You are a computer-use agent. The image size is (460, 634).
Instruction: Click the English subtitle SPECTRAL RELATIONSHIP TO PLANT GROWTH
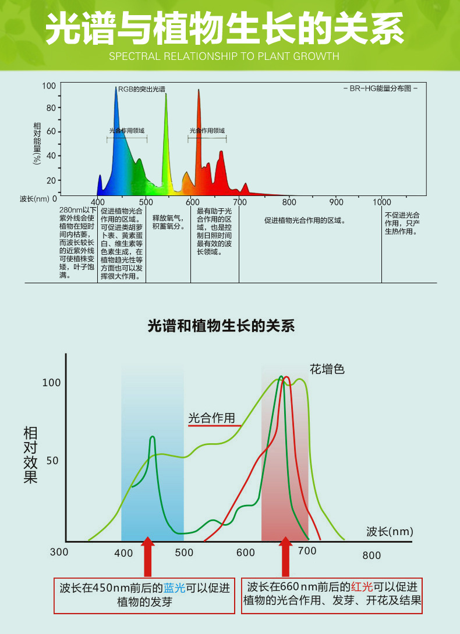224,56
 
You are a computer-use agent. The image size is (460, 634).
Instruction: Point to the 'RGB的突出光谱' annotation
141,90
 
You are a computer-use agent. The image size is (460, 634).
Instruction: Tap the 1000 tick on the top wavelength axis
382,202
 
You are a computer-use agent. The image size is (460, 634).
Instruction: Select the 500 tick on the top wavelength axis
146,202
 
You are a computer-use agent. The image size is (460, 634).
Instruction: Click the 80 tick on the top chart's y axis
51,108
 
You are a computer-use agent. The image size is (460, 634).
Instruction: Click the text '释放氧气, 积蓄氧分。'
168,222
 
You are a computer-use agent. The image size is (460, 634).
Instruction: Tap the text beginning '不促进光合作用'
402,223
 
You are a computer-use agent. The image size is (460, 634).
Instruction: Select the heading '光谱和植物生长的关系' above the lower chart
221,326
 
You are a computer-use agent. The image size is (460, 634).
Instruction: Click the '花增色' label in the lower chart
327,369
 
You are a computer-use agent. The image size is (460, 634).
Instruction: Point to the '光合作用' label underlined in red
211,418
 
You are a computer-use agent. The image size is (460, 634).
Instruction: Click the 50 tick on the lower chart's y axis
51,461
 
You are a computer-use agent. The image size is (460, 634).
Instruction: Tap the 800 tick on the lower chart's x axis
371,555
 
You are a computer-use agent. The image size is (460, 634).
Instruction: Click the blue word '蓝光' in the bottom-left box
175,588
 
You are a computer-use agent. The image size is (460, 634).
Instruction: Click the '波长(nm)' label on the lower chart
390,531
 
